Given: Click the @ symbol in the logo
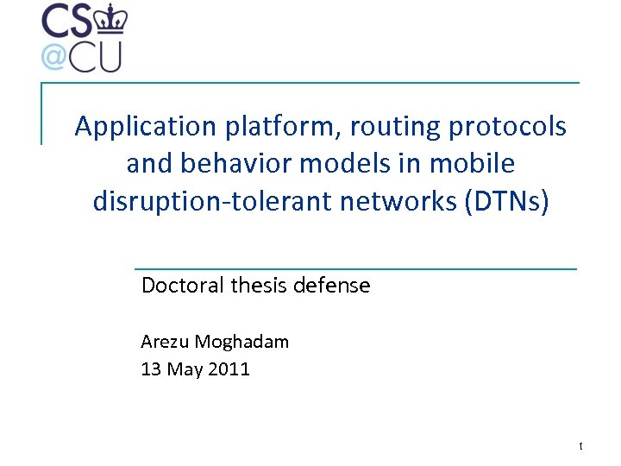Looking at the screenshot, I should click(53, 56).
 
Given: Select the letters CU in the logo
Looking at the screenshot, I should click(96, 56).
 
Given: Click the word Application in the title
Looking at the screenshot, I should click(146, 127).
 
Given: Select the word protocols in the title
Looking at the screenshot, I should click(508, 127).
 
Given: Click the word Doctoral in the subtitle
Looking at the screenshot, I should click(183, 285).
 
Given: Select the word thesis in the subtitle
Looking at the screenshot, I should click(258, 285).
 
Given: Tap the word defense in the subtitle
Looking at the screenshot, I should click(331, 285).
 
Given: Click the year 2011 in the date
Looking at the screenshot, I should click(228, 369).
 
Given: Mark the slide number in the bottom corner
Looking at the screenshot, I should click(580, 446).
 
